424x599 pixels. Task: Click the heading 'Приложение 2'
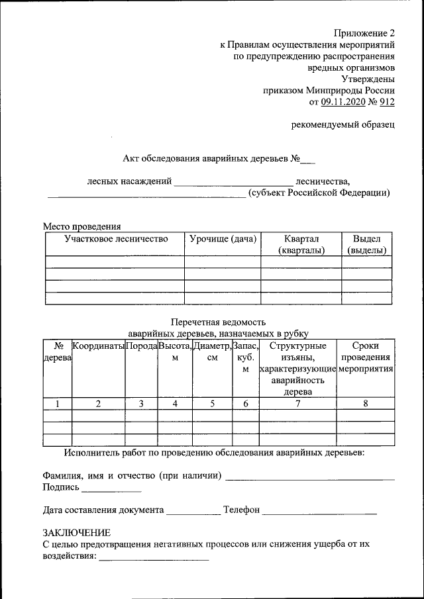[364, 33]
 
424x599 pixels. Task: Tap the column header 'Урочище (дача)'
[222, 239]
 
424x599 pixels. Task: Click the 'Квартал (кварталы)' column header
[301, 244]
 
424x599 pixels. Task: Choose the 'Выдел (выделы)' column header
[366, 244]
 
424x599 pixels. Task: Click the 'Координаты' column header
[98, 346]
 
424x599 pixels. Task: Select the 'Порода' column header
[141, 346]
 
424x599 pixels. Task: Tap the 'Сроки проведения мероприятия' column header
[366, 357]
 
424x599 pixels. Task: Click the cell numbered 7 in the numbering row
[297, 404]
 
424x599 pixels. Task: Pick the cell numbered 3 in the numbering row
[141, 404]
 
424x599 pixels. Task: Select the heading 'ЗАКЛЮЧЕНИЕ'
[76, 533]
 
